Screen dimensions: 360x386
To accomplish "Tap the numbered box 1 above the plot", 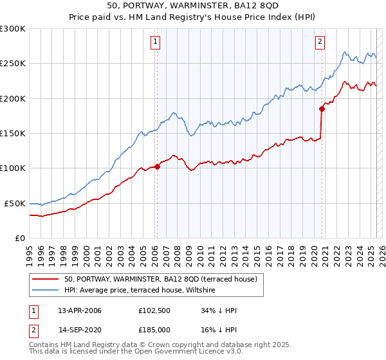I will (x=156, y=43).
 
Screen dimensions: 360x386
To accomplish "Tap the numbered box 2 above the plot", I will (x=320, y=43).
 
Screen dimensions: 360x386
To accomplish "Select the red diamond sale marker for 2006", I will (x=157, y=166).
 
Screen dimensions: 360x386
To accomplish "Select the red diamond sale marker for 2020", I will (x=322, y=109).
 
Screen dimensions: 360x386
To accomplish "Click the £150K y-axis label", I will (x=12, y=133).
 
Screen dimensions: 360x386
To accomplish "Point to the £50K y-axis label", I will (x=15, y=203).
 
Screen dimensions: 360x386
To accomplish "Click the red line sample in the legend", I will (x=46, y=279).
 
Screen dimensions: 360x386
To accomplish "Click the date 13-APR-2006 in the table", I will (x=80, y=311).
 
